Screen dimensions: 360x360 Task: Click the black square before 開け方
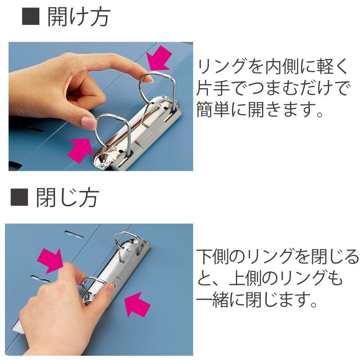(x=31, y=17)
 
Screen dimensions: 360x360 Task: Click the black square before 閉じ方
(x=19, y=197)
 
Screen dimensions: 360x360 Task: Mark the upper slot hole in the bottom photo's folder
(x=74, y=234)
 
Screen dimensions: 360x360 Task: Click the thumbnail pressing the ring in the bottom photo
(x=111, y=288)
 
